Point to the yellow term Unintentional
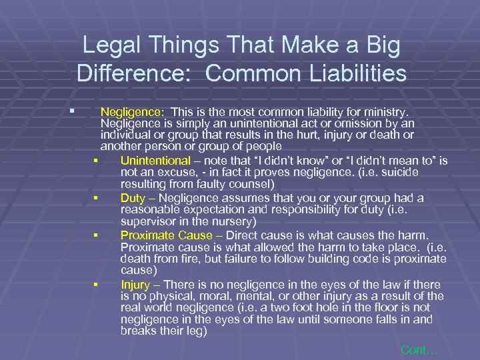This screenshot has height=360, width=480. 155,161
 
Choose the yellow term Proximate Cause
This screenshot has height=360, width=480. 169,235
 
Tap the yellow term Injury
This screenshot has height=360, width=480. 135,284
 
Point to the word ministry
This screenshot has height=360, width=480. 395,112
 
